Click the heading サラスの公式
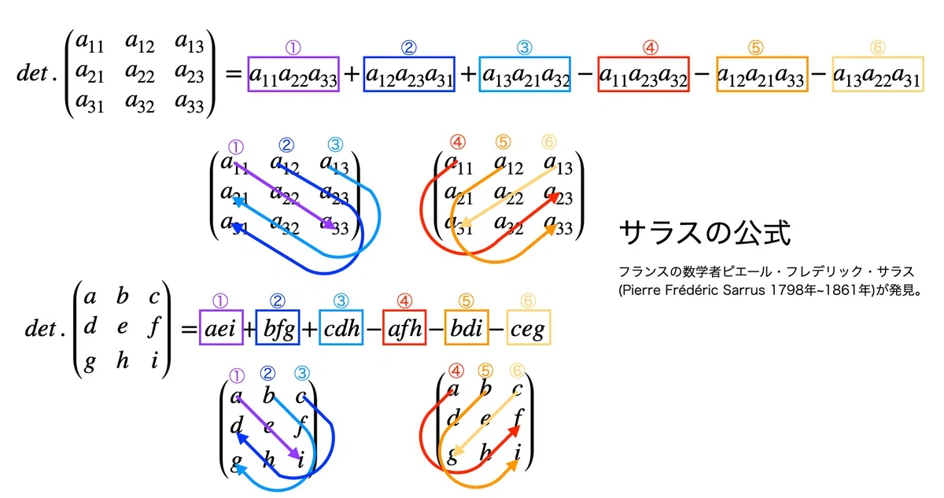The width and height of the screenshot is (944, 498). tap(705, 233)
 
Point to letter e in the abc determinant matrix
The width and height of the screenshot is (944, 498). tap(122, 326)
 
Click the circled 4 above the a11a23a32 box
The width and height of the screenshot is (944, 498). tap(651, 48)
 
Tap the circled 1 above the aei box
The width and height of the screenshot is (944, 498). tap(220, 301)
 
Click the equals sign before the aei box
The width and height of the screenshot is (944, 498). tap(189, 329)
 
